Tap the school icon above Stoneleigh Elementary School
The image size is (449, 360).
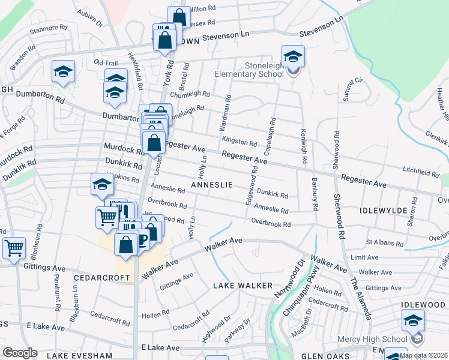click(x=293, y=56)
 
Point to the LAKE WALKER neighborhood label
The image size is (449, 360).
click(x=243, y=286)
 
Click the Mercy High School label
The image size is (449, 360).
click(x=382, y=340)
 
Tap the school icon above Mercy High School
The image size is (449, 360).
click(x=413, y=320)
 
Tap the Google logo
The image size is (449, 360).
click(x=20, y=353)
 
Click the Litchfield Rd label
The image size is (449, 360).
click(x=421, y=173)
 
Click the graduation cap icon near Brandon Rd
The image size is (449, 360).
click(x=63, y=71)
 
